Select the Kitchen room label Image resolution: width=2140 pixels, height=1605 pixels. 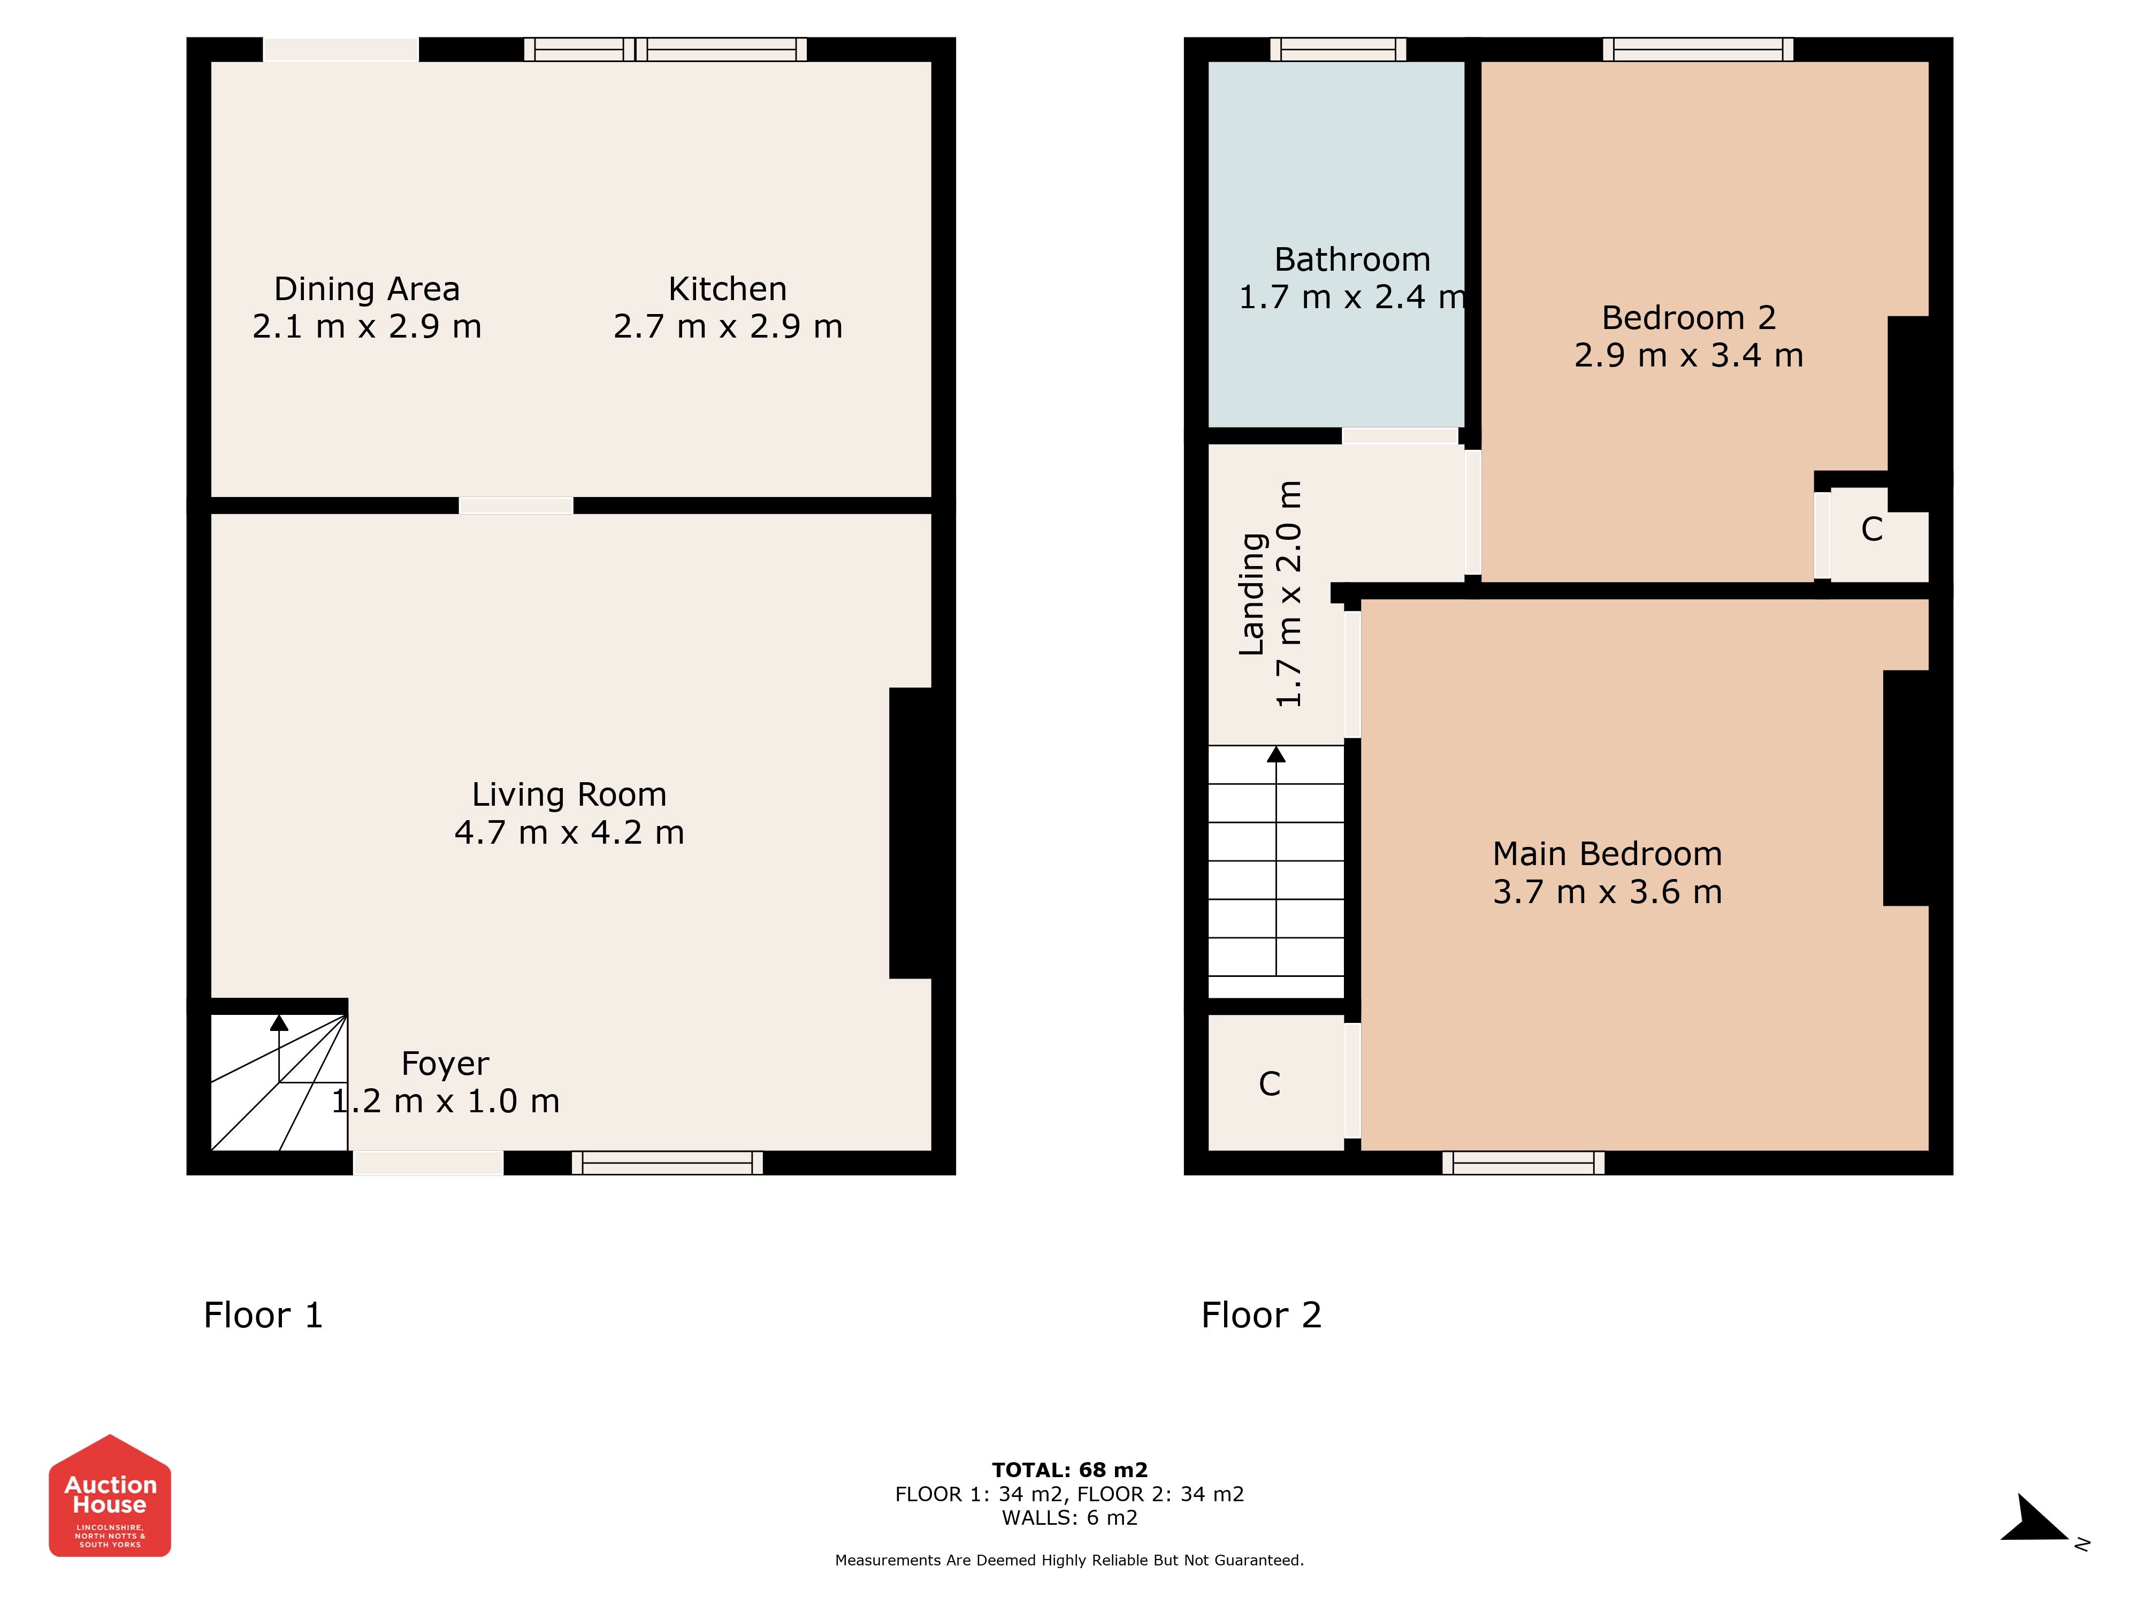728,288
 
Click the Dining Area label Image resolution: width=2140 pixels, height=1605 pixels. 366,288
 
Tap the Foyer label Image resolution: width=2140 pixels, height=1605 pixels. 445,1063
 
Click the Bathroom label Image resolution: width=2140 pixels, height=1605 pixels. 1352,259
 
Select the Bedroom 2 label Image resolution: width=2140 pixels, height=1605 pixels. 1688,317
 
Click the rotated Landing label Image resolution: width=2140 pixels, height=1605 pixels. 1253,594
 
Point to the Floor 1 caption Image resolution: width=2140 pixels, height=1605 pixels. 263,1315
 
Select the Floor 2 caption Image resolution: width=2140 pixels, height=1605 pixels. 1262,1315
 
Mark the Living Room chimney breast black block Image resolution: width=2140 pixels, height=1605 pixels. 911,833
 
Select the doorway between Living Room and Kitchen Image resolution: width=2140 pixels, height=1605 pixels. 516,505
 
